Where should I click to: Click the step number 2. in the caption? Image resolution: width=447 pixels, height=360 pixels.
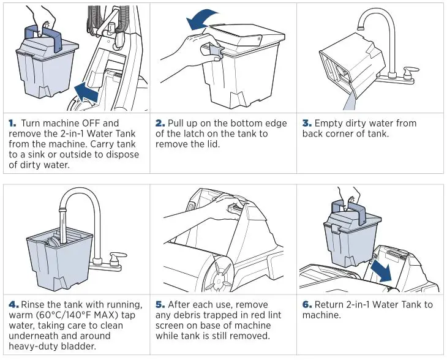[160, 123]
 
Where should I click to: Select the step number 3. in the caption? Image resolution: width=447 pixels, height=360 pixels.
[307, 123]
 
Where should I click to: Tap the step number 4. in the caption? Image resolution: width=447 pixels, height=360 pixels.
[13, 304]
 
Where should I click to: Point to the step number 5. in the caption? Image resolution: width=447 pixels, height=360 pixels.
[160, 304]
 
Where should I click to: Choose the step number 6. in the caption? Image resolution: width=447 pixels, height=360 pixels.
[307, 304]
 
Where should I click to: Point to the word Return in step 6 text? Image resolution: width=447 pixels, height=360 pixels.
[330, 304]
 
